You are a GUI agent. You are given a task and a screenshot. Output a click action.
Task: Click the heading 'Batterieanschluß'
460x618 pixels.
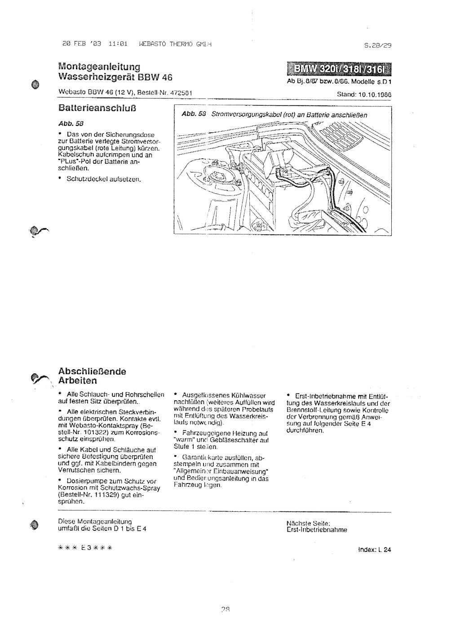pyautogui.click(x=97, y=108)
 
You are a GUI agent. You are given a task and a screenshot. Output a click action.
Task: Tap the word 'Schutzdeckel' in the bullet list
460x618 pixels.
pyautogui.click(x=85, y=179)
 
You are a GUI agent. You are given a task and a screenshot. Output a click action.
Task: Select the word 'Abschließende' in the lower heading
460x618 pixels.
pyautogui.click(x=93, y=372)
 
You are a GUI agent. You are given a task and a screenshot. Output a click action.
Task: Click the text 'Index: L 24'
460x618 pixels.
pyautogui.click(x=375, y=549)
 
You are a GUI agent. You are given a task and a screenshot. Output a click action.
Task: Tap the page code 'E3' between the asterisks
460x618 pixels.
pyautogui.click(x=86, y=548)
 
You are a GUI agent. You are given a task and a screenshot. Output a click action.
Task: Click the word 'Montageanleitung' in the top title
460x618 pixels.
pyautogui.click(x=99, y=67)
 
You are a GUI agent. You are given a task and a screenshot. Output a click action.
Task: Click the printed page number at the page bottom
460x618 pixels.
pyautogui.click(x=226, y=609)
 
